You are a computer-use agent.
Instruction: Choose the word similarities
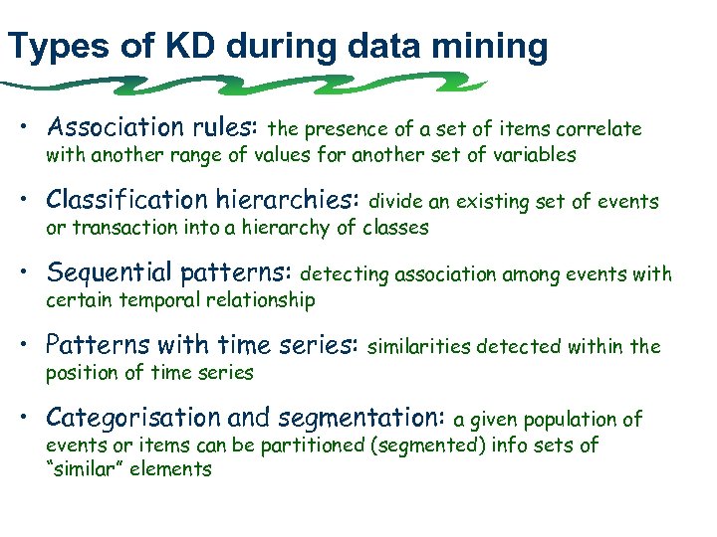pyautogui.click(x=420, y=346)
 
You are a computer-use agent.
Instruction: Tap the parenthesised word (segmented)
pyautogui.click(x=429, y=445)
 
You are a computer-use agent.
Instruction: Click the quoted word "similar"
pyautogui.click(x=88, y=469)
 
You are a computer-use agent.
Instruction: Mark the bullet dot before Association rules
pyautogui.click(x=32, y=129)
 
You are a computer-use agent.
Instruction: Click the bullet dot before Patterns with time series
pyautogui.click(x=32, y=346)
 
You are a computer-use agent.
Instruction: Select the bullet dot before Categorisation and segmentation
pyautogui.click(x=32, y=419)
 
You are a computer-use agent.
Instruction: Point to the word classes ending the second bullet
pyautogui.click(x=394, y=227)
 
